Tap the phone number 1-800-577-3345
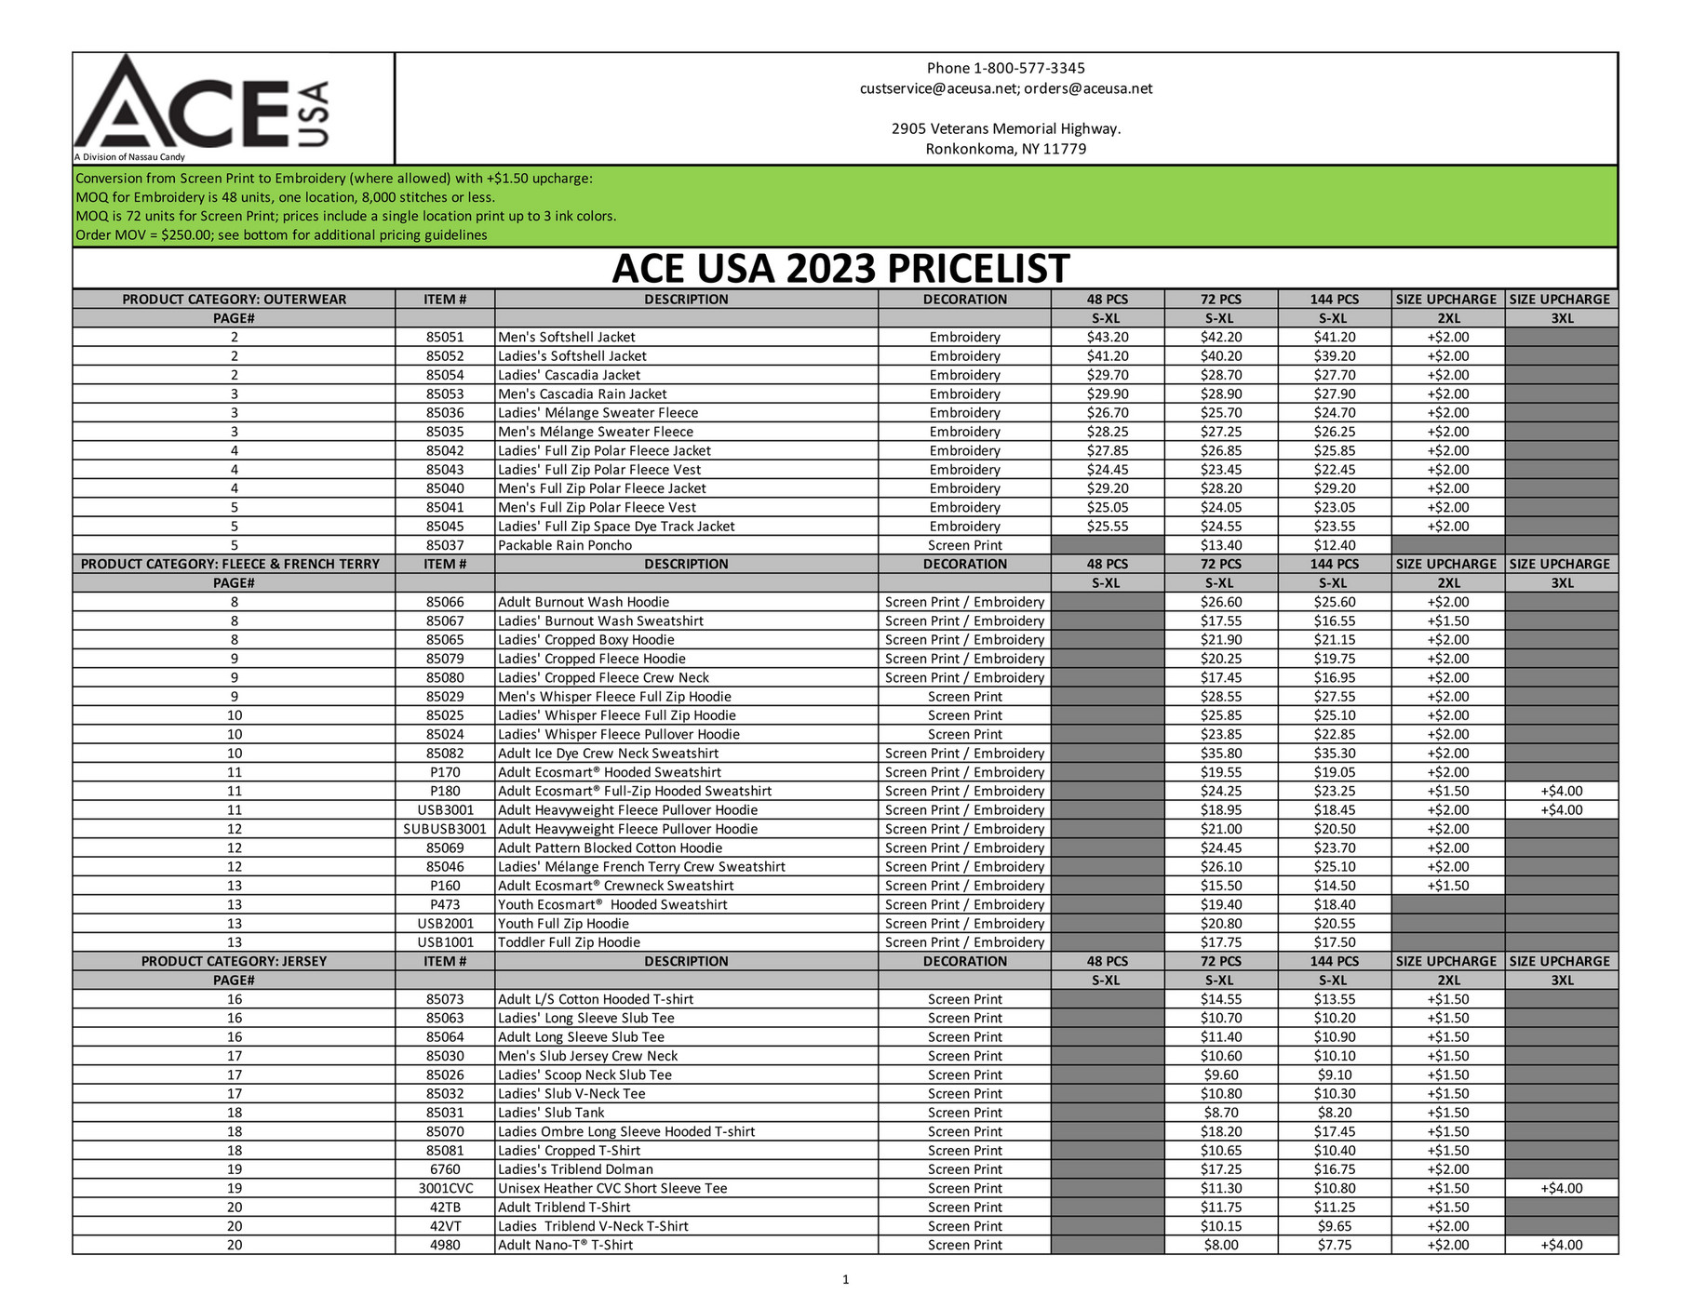1028,68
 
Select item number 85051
445,337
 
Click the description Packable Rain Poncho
564,545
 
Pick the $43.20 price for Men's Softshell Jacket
1107,337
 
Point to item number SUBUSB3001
445,829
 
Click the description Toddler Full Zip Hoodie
569,942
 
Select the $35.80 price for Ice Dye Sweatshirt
1220,754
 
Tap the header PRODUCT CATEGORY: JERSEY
234,961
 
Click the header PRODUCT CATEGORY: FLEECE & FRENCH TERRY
230,564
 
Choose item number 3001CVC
445,1188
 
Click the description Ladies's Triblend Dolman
575,1169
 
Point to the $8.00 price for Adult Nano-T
1220,1245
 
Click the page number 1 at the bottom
845,1280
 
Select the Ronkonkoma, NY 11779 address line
1005,149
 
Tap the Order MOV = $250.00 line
281,235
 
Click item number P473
445,904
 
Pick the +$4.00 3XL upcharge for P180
1561,791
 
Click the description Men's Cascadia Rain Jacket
582,394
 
